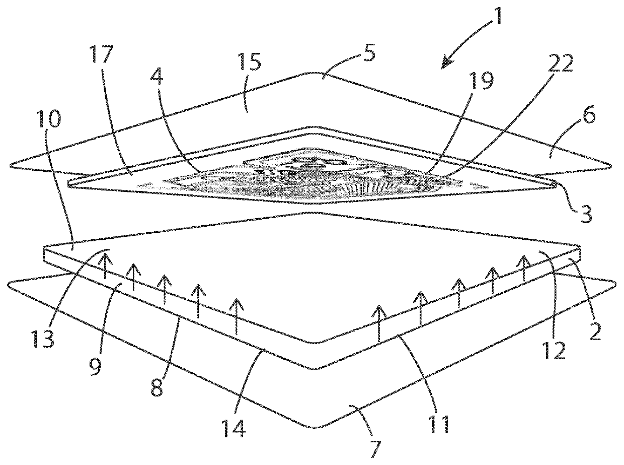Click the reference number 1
(498, 16)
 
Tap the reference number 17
(102, 54)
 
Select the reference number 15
(250, 61)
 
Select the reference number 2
(594, 330)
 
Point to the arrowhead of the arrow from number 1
(446, 64)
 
